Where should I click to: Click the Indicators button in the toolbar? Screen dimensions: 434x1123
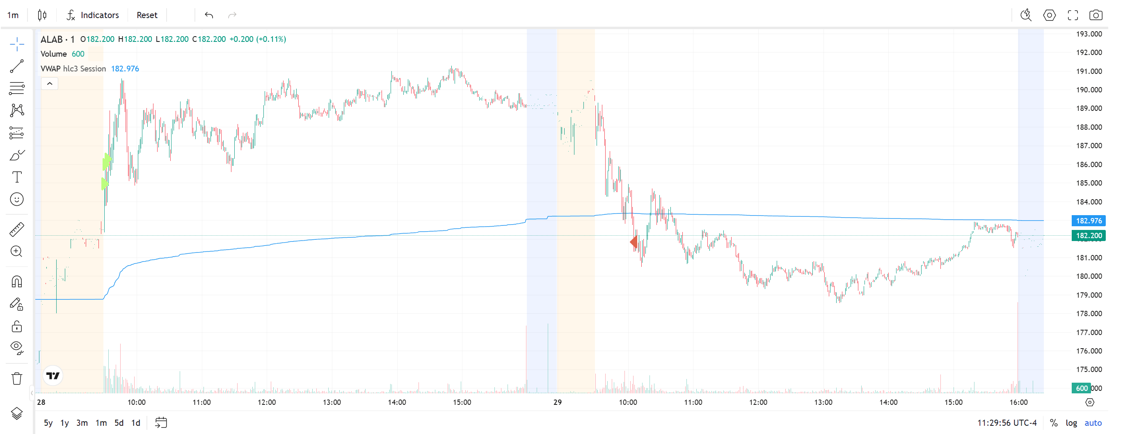pos(93,15)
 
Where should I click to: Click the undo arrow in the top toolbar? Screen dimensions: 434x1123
pos(209,15)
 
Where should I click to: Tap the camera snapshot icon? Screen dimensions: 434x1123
pos(1096,15)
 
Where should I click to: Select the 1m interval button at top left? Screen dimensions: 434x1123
pos(13,15)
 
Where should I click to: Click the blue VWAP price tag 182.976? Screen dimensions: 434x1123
pos(1088,221)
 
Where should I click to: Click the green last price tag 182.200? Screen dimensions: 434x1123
pos(1088,236)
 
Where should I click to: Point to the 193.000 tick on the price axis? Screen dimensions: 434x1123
pos(1089,34)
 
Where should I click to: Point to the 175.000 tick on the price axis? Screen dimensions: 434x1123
pos(1089,370)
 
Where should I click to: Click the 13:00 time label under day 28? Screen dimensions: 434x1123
pos(332,402)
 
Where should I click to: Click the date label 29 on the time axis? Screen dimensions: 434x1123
pos(558,402)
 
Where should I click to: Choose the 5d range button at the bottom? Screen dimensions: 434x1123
pos(119,423)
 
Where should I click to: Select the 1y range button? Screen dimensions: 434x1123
pos(64,423)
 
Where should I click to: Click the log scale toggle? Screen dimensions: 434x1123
pos(1071,423)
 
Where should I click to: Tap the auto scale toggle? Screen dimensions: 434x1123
pos(1093,423)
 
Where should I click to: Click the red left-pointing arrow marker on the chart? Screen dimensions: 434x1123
pos(634,242)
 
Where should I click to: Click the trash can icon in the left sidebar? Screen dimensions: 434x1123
pos(16,378)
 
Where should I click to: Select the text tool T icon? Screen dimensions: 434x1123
pos(16,177)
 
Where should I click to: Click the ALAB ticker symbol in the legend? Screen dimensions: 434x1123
pos(51,39)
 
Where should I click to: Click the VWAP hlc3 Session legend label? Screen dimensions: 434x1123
pos(73,69)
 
